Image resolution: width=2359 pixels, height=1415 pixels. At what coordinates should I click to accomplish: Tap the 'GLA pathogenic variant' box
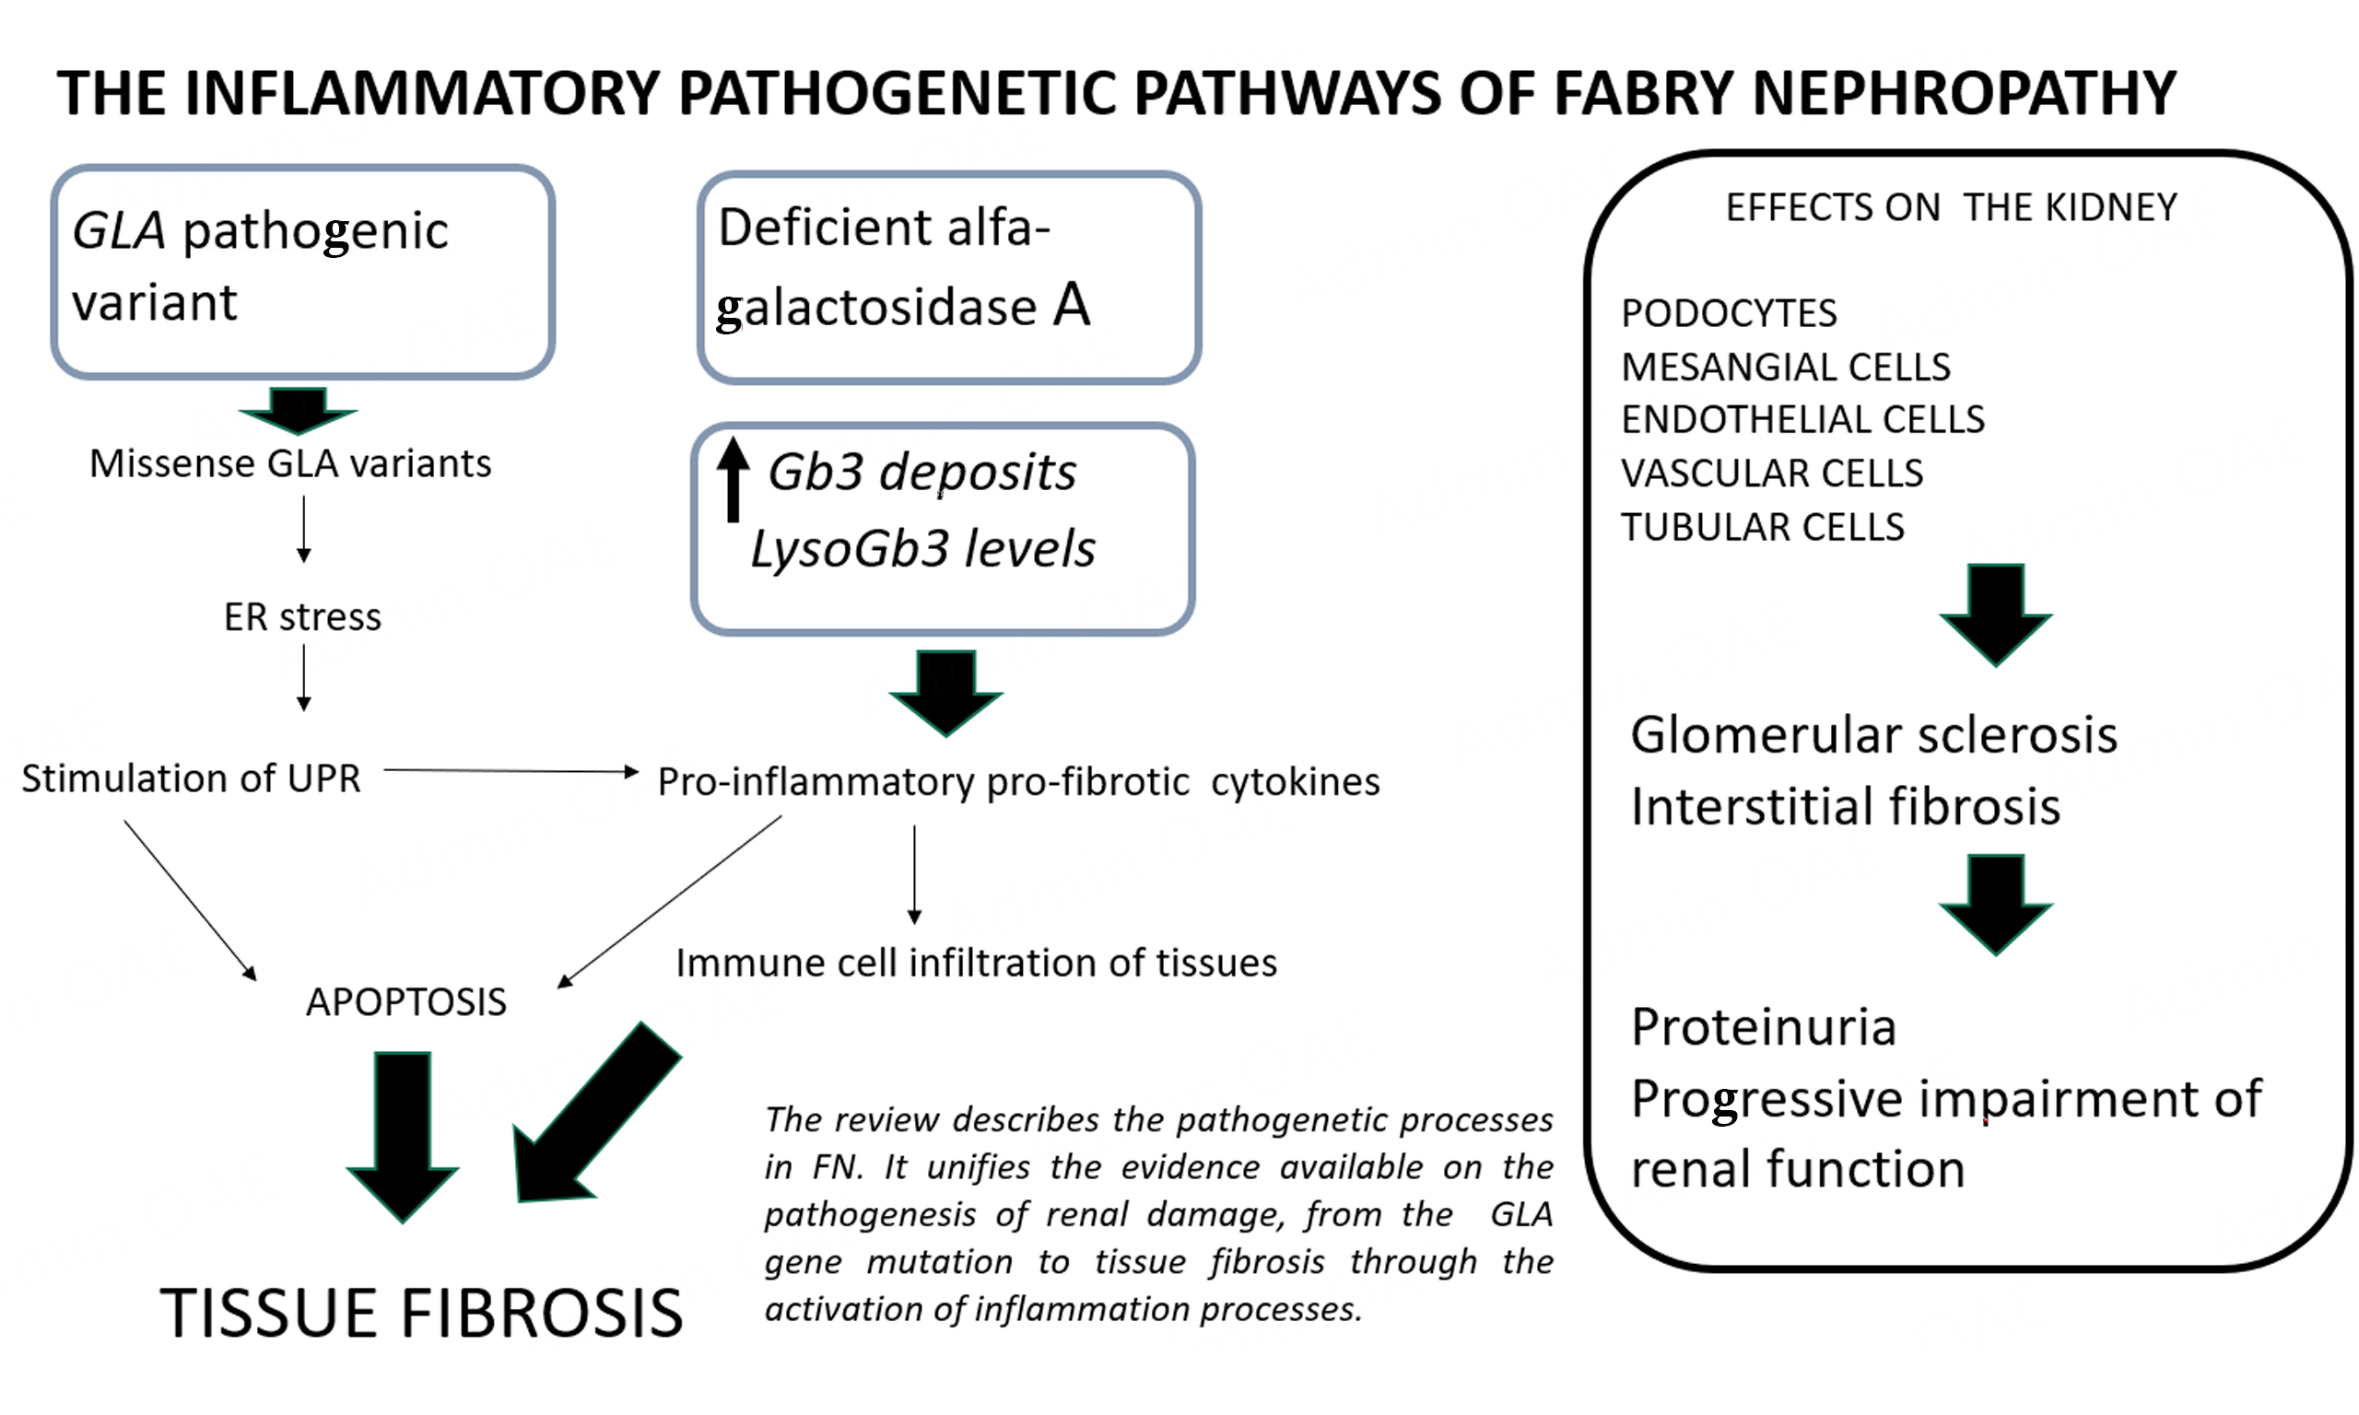pyautogui.click(x=302, y=272)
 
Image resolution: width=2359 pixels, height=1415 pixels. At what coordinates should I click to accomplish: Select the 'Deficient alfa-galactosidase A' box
pyautogui.click(x=948, y=276)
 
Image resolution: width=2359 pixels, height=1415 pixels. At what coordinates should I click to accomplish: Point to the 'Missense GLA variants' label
pyautogui.click(x=290, y=464)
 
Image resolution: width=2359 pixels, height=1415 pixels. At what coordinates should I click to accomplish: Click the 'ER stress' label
pyautogui.click(x=302, y=618)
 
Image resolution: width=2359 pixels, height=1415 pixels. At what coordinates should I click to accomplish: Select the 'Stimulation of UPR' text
pyautogui.click(x=191, y=779)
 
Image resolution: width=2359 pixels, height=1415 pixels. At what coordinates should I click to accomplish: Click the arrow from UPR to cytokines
pyautogui.click(x=511, y=770)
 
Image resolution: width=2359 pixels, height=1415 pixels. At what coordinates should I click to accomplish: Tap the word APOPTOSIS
pyautogui.click(x=406, y=1002)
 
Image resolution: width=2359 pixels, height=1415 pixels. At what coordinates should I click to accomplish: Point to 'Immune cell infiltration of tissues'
pyautogui.click(x=976, y=963)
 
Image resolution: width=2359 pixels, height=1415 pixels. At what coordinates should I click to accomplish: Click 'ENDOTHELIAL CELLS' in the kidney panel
pyautogui.click(x=1802, y=419)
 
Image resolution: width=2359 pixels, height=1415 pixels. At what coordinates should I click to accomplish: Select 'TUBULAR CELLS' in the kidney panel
pyautogui.click(x=1762, y=527)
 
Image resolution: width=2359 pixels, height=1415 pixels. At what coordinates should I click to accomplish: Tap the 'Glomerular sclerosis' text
pyautogui.click(x=1872, y=735)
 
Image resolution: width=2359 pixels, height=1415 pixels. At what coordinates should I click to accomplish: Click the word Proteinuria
pyautogui.click(x=1763, y=1027)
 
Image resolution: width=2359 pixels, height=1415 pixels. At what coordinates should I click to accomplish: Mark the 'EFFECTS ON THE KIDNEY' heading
pyautogui.click(x=1951, y=208)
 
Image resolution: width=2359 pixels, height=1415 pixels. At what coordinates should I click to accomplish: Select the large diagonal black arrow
pyautogui.click(x=592, y=1116)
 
